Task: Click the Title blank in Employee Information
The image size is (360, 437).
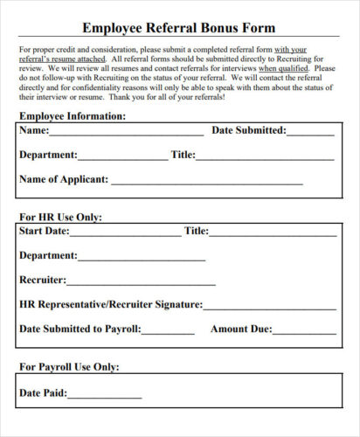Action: tap(267, 157)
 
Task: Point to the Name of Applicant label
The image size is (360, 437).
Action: tap(64, 179)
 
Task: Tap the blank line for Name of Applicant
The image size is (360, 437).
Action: tap(206, 182)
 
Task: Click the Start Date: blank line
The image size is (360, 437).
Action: tap(125, 233)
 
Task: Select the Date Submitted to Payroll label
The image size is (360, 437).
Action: tap(80, 329)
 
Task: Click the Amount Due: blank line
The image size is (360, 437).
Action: tap(304, 332)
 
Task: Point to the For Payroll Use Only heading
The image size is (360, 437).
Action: tap(69, 367)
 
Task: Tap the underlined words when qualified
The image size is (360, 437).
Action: tap(284, 66)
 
